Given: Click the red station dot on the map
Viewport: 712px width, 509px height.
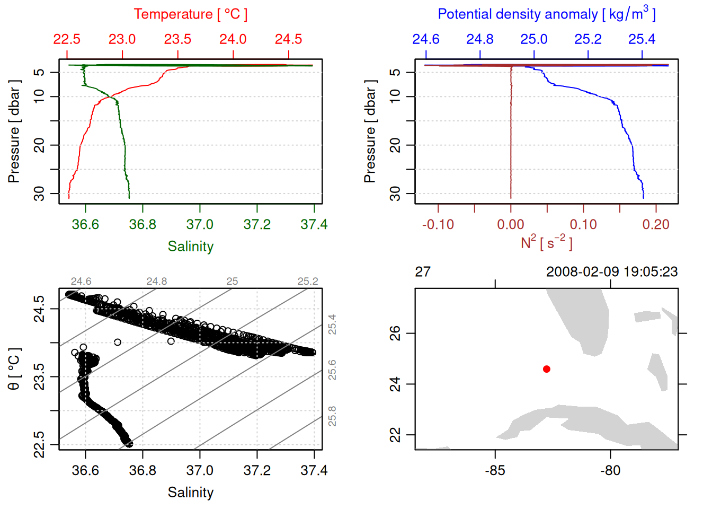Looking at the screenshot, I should coord(547,369).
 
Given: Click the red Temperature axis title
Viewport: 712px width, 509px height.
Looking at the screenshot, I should coord(190,14).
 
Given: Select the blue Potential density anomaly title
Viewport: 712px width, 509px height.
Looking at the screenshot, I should coord(546,14).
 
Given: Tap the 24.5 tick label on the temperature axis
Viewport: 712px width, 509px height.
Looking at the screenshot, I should coord(288,39).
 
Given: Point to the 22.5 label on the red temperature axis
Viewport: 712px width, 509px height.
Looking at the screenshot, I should coord(67,39).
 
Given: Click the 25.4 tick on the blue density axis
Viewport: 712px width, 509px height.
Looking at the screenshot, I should coord(642,39).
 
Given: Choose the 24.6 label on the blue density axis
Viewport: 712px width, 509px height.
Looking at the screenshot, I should coord(426,39).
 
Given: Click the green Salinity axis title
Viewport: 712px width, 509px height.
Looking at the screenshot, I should coord(190,247).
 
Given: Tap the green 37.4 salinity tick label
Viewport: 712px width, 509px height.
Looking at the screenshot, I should coord(314,225).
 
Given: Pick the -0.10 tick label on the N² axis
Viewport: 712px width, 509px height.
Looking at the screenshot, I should coord(438,225).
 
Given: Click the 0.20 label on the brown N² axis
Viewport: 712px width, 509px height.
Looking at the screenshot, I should coord(656,225).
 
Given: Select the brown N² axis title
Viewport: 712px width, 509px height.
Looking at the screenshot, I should coord(546,242).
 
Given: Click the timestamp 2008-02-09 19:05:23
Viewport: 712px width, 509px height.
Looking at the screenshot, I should coord(612,272).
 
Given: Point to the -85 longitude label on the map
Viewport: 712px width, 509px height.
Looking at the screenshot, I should coord(495,471).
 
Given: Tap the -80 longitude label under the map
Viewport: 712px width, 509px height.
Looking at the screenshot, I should coord(610,471).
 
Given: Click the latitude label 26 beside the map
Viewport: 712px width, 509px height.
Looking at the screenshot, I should coord(395,334).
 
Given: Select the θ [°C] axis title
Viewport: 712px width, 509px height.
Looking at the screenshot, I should coord(14,369).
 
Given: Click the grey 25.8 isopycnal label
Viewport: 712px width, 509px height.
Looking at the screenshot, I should coord(332,416).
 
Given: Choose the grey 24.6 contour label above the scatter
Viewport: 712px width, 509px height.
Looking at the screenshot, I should coord(81,282).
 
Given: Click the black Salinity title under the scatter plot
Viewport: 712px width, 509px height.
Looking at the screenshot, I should coord(190,493).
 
